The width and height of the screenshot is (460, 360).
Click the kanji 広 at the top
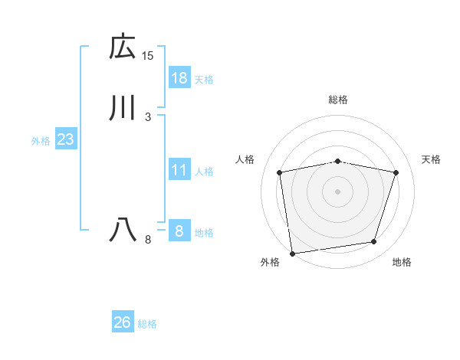click(x=123, y=47)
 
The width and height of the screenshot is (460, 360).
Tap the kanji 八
click(x=123, y=230)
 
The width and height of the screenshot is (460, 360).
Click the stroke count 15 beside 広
click(x=148, y=55)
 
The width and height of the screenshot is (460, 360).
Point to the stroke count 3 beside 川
click(x=147, y=116)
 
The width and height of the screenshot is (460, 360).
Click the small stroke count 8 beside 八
click(x=148, y=240)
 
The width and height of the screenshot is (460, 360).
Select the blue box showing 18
click(x=179, y=78)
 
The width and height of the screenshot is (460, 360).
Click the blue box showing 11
click(x=179, y=170)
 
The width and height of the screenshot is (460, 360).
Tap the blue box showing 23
click(x=66, y=139)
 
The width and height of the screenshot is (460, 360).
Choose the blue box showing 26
click(x=123, y=322)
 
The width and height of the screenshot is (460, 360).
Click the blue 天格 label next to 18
click(x=204, y=80)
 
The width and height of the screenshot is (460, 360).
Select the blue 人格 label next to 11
click(x=204, y=172)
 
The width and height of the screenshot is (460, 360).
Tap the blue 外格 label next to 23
click(x=41, y=141)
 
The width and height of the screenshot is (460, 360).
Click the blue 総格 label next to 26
click(x=147, y=324)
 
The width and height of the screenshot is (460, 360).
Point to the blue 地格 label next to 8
click(x=204, y=233)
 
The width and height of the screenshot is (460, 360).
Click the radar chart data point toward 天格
click(x=396, y=172)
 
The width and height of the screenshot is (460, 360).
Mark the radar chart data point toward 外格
click(x=292, y=252)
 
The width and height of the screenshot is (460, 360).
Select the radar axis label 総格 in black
click(x=338, y=100)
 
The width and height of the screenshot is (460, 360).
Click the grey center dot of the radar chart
click(x=338, y=191)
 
